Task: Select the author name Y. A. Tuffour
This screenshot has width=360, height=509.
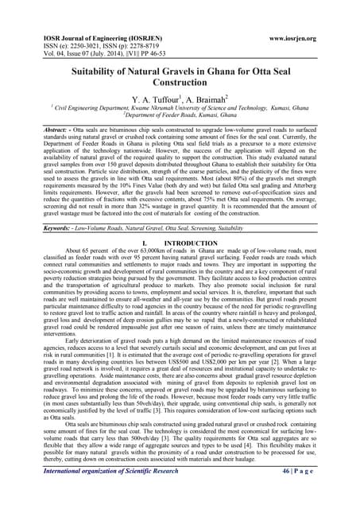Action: pos(146,102)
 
